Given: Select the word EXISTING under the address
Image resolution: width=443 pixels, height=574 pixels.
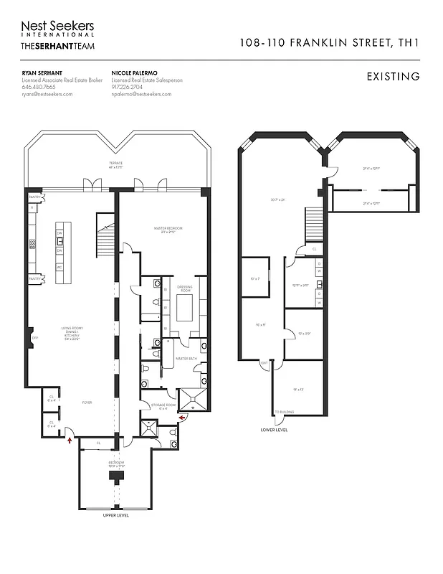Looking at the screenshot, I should click(x=393, y=76).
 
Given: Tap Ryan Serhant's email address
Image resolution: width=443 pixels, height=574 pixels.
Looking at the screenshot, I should click(x=47, y=94).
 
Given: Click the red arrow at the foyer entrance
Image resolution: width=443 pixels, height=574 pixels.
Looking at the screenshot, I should click(x=69, y=439).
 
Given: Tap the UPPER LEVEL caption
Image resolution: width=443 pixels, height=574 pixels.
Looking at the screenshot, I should click(x=115, y=515).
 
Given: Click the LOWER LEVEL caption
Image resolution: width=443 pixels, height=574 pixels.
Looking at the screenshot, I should click(x=275, y=430).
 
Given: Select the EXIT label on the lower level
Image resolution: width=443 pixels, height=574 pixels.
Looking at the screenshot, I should click(x=264, y=362).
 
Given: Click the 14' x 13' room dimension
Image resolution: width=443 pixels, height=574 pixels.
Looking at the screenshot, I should click(x=298, y=388).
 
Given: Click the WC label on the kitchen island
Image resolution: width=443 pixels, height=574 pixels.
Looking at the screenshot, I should click(x=59, y=267).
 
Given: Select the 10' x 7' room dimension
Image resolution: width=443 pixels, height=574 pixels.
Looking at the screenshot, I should click(x=253, y=278).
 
